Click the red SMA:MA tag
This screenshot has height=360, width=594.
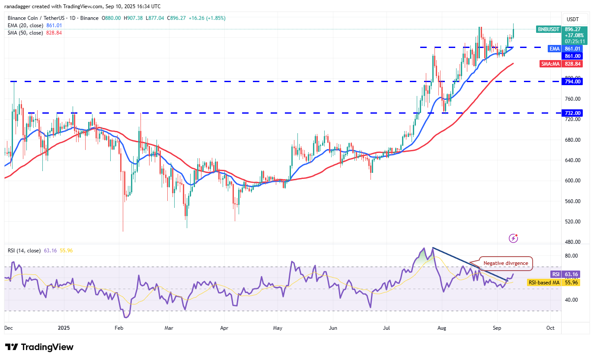click(x=550, y=64)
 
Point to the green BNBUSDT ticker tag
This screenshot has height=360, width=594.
click(x=549, y=29)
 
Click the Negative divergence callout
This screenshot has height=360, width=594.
click(x=505, y=263)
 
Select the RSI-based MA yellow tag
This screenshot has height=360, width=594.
click(x=544, y=283)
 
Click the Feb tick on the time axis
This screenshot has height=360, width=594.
click(x=119, y=328)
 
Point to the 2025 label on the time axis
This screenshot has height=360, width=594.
click(x=63, y=328)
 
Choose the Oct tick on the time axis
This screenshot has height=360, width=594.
click(x=550, y=328)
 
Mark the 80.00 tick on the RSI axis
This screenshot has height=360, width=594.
click(x=572, y=256)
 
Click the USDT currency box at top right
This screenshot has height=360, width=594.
click(x=573, y=19)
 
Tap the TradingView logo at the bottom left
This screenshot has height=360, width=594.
click(x=39, y=347)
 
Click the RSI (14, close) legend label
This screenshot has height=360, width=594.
click(x=24, y=251)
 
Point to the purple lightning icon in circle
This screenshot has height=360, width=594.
click(x=514, y=238)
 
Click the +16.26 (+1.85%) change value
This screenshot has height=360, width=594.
click(x=209, y=18)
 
